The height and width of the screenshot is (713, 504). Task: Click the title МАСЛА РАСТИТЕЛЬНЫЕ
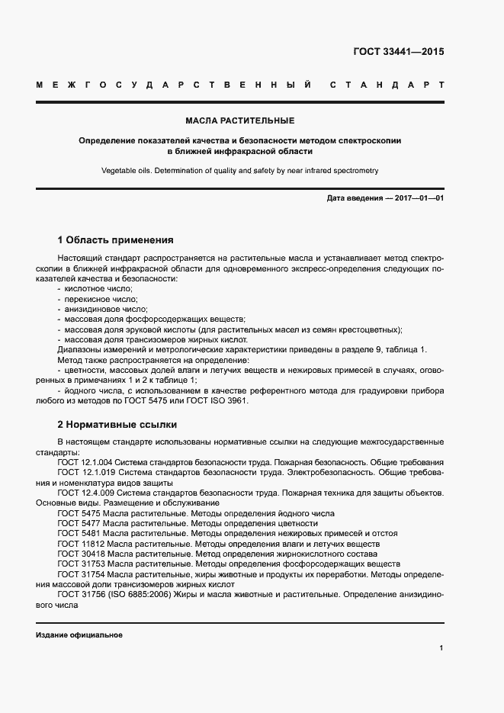point(239,120)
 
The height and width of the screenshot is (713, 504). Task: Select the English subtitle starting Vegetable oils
point(239,171)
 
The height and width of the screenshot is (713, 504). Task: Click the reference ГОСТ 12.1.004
point(84,463)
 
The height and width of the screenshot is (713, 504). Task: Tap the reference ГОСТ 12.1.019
point(84,473)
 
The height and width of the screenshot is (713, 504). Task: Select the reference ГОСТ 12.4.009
point(84,493)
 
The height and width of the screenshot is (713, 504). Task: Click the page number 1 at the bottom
point(441,648)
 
